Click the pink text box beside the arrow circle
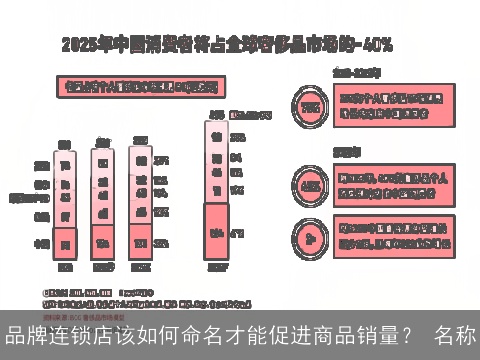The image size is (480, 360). [x=392, y=235]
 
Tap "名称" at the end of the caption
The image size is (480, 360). [x=458, y=333]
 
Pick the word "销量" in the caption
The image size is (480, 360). [x=376, y=333]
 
